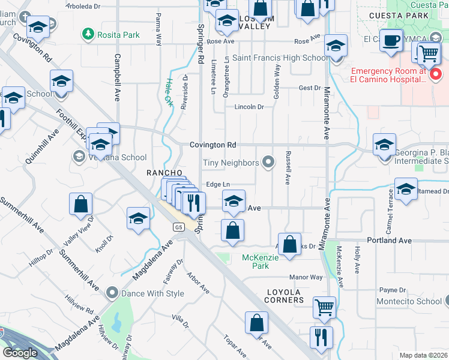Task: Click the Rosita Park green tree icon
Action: click(x=89, y=34)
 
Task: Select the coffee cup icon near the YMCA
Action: click(x=391, y=40)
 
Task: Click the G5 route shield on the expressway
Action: click(x=178, y=227)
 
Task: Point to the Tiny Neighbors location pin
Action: click(x=270, y=163)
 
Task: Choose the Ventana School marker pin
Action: click(x=78, y=157)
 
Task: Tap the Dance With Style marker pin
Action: click(x=112, y=293)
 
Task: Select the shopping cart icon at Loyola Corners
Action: click(x=324, y=307)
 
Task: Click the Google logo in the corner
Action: click(x=20, y=353)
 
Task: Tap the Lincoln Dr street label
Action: click(x=249, y=107)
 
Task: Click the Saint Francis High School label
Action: click(x=280, y=58)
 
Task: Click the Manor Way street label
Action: click(x=306, y=277)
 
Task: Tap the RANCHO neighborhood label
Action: click(x=164, y=173)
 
